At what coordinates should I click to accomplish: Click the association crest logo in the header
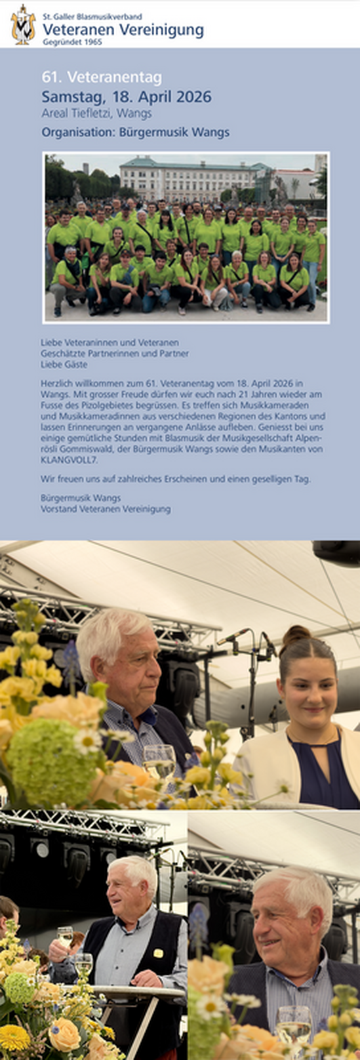click(23, 24)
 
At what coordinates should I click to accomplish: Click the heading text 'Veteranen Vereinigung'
click(123, 30)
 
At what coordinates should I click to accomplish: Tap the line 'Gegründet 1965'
click(72, 41)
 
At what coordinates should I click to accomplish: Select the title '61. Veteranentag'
click(102, 77)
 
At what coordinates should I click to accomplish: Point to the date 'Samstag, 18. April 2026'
click(127, 97)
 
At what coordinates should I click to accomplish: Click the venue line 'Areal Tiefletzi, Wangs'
click(96, 113)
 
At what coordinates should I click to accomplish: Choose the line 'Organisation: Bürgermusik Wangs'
click(135, 132)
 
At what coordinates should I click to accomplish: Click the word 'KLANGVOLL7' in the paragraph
click(68, 460)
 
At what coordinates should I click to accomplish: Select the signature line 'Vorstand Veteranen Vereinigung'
click(106, 508)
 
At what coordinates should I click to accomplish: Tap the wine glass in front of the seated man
click(159, 761)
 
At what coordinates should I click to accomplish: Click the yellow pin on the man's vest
click(158, 953)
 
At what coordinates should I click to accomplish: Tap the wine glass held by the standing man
click(64, 936)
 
